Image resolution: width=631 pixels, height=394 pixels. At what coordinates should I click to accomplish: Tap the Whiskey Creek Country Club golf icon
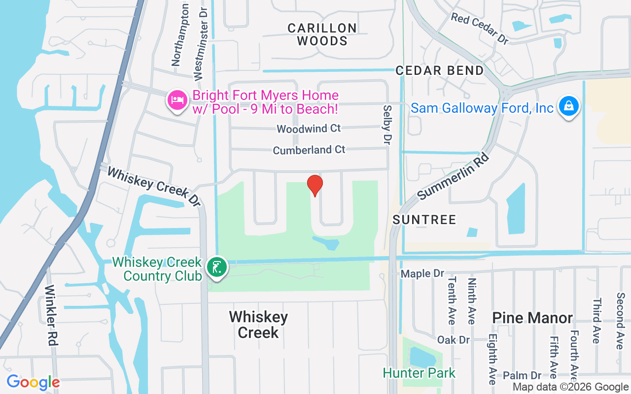click(217, 267)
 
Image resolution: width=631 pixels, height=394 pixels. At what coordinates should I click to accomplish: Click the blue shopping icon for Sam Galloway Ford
click(568, 106)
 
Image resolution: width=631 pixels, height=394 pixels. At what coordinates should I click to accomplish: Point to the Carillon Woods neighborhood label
click(322, 34)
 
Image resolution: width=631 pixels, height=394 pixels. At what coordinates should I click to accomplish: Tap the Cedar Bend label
click(440, 70)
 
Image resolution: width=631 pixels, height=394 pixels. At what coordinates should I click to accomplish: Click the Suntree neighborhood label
click(424, 220)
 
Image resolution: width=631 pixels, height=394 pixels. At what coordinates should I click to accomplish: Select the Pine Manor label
click(532, 318)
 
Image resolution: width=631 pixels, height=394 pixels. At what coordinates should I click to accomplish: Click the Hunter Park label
click(419, 373)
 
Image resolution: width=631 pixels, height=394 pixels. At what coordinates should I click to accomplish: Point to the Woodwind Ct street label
click(309, 129)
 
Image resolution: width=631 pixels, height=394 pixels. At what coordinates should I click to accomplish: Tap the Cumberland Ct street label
click(309, 150)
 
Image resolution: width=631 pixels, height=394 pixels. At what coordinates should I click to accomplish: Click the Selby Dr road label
click(387, 124)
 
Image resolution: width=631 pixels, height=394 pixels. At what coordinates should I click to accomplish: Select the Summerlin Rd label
click(453, 176)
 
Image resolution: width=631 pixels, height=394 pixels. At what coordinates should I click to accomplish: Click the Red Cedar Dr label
click(479, 29)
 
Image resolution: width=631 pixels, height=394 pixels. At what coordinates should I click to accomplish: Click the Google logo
click(33, 382)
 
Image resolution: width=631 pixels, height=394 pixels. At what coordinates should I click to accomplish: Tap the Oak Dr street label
click(454, 340)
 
